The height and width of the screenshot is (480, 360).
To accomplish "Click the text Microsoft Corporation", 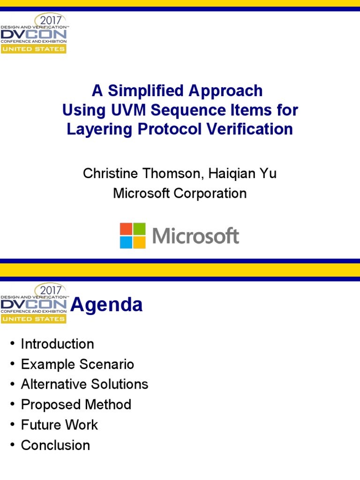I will pyautogui.click(x=180, y=193).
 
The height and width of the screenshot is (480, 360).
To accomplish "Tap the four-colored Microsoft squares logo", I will pyautogui.click(x=133, y=235).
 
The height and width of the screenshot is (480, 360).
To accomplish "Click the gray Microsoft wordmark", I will pyautogui.click(x=195, y=236).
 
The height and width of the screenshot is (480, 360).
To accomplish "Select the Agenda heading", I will pyautogui.click(x=106, y=305).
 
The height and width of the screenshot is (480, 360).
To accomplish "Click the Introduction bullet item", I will pyautogui.click(x=57, y=344).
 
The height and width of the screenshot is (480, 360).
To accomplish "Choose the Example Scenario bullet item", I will pyautogui.click(x=77, y=364).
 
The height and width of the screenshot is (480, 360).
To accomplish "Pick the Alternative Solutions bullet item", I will pyautogui.click(x=84, y=384).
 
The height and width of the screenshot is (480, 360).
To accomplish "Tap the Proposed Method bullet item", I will pyautogui.click(x=76, y=405).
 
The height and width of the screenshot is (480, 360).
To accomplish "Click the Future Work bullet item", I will pyautogui.click(x=60, y=425).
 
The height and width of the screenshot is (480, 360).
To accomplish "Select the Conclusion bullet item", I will pyautogui.click(x=55, y=445).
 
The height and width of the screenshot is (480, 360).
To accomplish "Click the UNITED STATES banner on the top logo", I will pyautogui.click(x=33, y=49).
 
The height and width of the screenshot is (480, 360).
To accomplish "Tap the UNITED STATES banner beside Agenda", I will pyautogui.click(x=33, y=319).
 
